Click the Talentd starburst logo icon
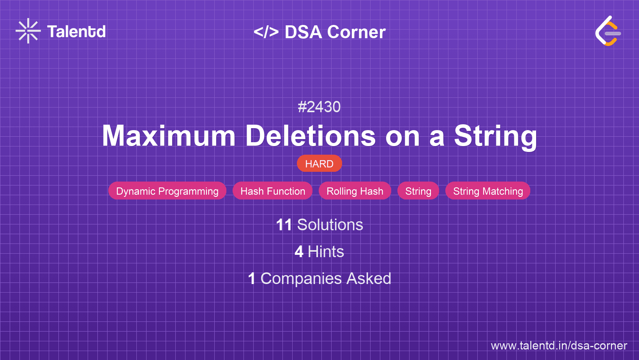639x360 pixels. point(28,31)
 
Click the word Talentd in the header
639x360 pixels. point(76,32)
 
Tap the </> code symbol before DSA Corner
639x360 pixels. point(266,32)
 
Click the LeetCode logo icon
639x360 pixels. point(608,31)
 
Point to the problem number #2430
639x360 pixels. point(319,107)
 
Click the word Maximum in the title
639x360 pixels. point(169,136)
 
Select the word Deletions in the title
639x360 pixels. point(310,136)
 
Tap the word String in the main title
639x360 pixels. point(495,136)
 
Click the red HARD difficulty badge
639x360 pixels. point(319,164)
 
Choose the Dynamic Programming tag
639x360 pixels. point(167,191)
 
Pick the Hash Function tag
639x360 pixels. point(273,191)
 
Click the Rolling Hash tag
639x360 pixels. point(355,191)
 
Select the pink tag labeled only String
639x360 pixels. point(418,191)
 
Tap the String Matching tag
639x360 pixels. point(488,191)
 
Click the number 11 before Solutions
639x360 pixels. point(284,225)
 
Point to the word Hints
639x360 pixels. point(326,252)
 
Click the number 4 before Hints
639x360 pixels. point(299,252)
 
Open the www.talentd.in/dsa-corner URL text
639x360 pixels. point(559,346)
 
